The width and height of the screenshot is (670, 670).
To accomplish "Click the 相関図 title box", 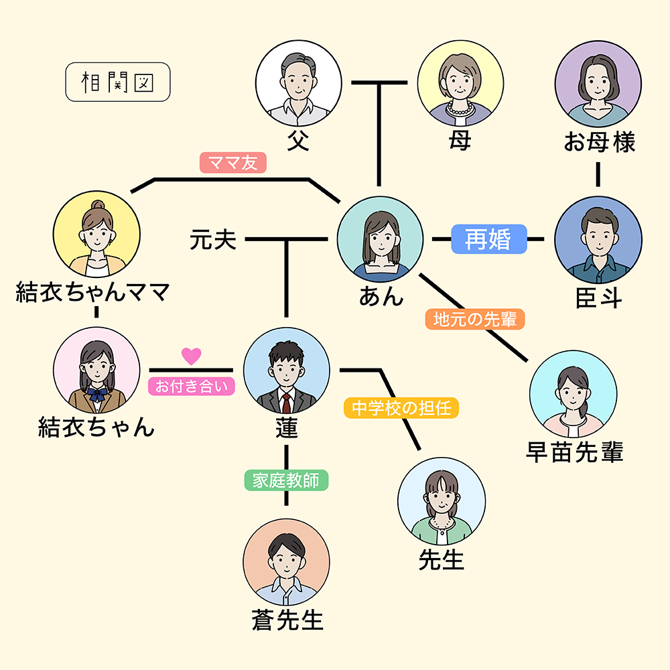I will (118, 82).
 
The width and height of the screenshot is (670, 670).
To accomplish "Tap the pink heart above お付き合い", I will (192, 356).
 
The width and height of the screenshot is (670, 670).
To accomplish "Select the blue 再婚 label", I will (488, 239).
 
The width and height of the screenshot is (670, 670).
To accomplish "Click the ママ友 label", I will (232, 163).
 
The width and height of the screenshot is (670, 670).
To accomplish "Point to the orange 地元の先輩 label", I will (475, 319).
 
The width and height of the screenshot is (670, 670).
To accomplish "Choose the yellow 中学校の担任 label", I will (401, 407).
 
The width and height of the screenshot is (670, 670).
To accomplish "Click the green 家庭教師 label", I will (286, 480).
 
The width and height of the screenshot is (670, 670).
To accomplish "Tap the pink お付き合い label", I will (192, 386).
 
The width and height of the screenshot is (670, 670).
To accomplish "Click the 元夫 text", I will (212, 239).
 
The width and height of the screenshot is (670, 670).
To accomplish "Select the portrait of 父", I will (298, 83).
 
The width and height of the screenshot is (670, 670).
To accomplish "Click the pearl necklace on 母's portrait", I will (460, 108).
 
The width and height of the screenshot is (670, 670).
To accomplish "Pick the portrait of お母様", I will (598, 83).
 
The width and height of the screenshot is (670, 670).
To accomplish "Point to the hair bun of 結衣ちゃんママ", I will (97, 206).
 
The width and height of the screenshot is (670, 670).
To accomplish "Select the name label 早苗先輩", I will (575, 453).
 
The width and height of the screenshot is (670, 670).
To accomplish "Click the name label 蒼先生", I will (287, 620).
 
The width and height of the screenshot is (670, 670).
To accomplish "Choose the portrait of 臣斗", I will (598, 239).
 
